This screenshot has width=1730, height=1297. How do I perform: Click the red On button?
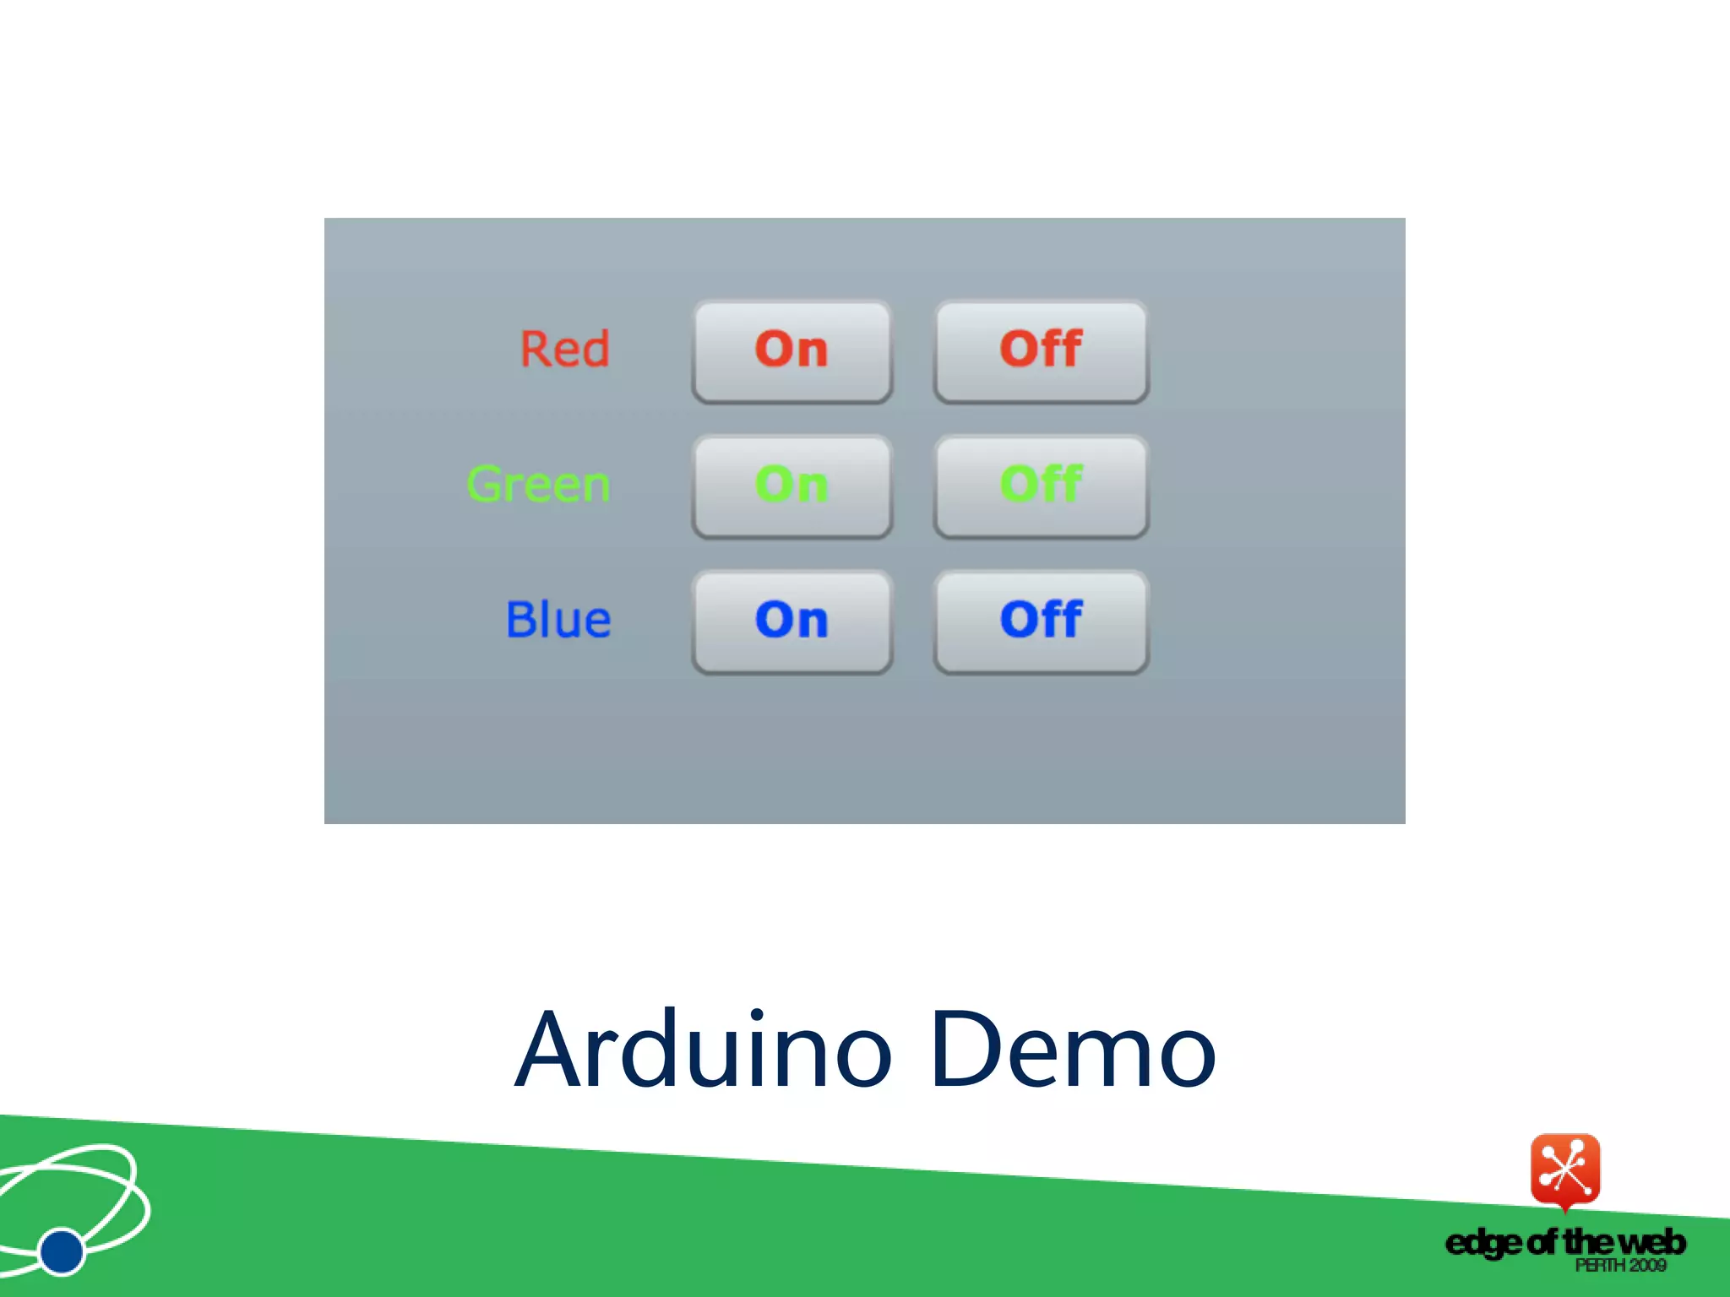click(792, 350)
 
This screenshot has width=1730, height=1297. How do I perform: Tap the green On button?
click(792, 486)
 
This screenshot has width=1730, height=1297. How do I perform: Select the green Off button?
click(1041, 486)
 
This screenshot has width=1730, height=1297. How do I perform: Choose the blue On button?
click(792, 621)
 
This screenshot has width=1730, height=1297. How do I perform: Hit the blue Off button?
click(1041, 621)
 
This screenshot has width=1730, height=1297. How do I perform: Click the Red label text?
click(564, 349)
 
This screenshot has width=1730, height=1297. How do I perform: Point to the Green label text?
click(538, 485)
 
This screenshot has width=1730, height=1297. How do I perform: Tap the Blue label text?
click(558, 620)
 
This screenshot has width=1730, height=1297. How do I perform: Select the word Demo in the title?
click(1073, 1050)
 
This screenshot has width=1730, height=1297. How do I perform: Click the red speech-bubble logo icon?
click(1564, 1169)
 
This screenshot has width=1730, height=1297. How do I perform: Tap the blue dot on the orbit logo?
click(62, 1251)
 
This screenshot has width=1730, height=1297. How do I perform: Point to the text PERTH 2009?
click(1619, 1266)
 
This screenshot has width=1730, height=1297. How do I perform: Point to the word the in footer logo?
click(1587, 1242)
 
